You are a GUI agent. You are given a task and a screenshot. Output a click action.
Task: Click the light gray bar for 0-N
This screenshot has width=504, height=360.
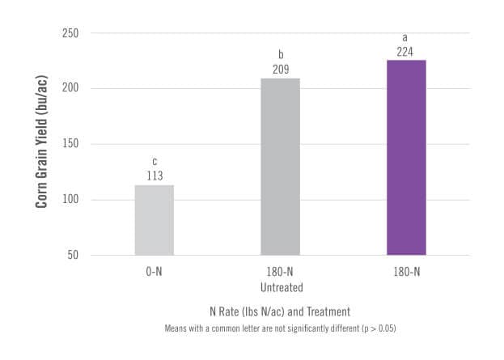click(x=154, y=220)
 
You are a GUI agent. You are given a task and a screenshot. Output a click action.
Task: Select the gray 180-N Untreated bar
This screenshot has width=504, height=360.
click(x=280, y=167)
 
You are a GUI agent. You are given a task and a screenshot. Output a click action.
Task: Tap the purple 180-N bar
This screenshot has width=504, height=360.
click(x=406, y=158)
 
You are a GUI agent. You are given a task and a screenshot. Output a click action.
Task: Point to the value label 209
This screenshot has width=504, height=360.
click(x=280, y=70)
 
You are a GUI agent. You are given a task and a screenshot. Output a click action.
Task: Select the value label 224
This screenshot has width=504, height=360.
click(x=406, y=52)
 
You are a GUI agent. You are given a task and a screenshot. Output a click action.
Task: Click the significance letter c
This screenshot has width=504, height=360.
click(x=154, y=162)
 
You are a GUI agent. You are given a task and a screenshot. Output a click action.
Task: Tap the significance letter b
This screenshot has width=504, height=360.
click(x=280, y=55)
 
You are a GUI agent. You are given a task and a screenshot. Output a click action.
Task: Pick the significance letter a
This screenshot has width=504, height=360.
click(x=406, y=37)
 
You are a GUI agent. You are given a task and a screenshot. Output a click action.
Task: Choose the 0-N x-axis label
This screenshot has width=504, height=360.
click(x=154, y=272)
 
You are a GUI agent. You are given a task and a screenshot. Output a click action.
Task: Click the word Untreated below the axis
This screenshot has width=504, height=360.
click(x=280, y=287)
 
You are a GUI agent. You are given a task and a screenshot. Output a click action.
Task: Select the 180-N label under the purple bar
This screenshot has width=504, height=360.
click(x=406, y=272)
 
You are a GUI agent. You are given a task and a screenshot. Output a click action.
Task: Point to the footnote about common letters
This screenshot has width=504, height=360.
click(x=279, y=328)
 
